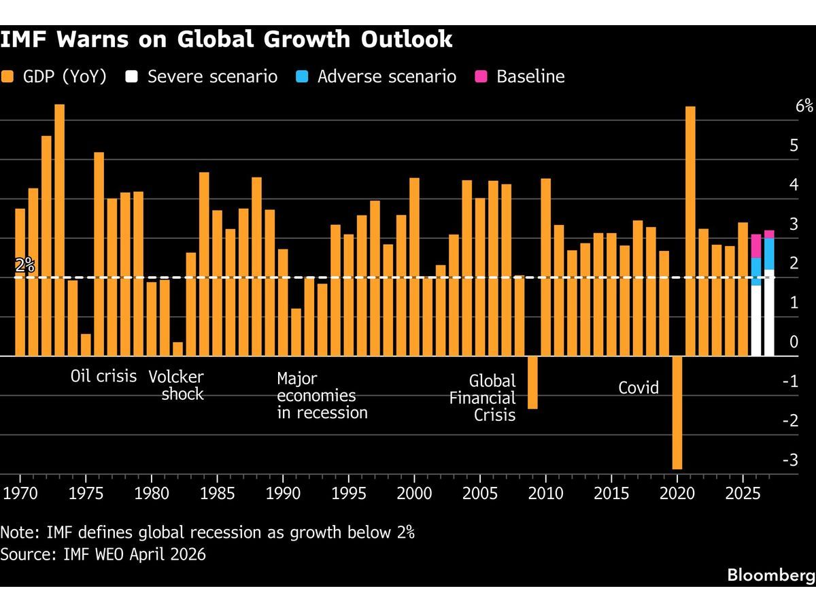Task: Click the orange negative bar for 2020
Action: tap(677, 412)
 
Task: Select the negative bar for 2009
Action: tap(532, 382)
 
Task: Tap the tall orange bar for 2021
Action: tap(690, 231)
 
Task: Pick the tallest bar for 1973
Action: tap(59, 230)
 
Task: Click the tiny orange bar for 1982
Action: tap(177, 349)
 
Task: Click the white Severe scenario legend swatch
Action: tap(132, 76)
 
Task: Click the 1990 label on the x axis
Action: tap(283, 492)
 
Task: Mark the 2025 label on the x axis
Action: tap(743, 492)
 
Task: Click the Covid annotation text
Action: tap(639, 388)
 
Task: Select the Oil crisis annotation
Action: tap(104, 376)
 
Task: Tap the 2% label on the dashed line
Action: tap(24, 266)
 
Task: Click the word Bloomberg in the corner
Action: tap(771, 575)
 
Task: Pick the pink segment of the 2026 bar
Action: tap(756, 245)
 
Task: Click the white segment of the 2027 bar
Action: tap(769, 313)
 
